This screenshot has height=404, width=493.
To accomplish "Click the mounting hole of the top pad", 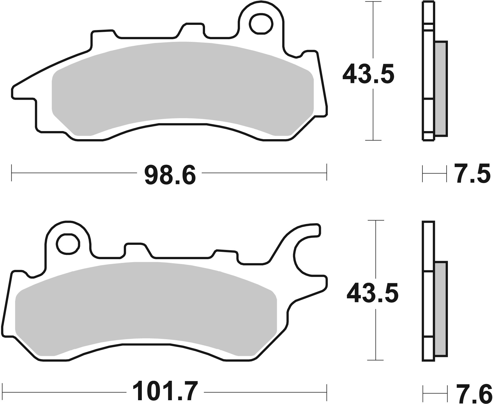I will (261, 24).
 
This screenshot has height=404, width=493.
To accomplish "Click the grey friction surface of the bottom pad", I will (146, 308).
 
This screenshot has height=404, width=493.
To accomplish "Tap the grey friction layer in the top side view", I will (441, 88).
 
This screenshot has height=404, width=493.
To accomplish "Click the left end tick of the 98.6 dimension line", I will (12, 172).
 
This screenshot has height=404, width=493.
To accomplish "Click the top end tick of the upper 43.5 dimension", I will (373, 2).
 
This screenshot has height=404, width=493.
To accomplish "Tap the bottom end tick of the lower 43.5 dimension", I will (375, 360).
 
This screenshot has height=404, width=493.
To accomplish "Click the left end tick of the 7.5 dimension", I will (422, 174).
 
